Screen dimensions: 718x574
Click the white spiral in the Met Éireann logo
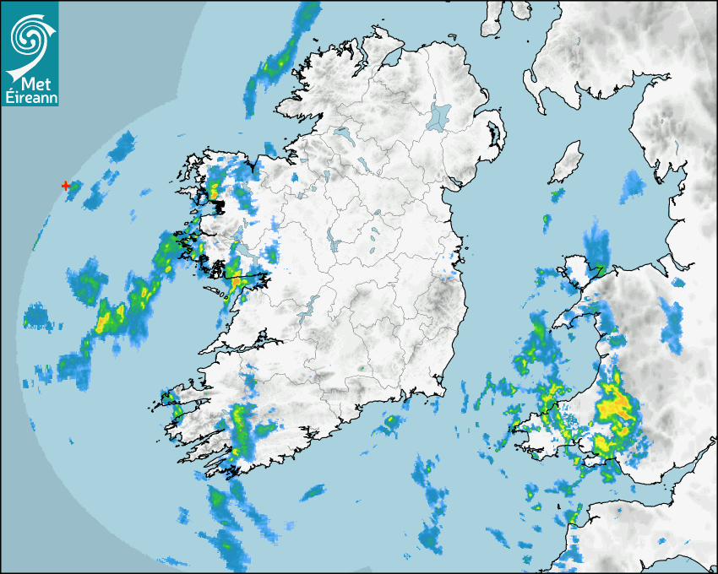click(29, 35)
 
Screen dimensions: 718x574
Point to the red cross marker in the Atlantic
click(66, 185)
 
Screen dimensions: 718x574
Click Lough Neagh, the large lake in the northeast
click(439, 115)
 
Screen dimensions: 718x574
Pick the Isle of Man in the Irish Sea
click(567, 161)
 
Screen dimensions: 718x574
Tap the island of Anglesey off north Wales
click(582, 272)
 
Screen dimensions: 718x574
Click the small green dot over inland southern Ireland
click(362, 368)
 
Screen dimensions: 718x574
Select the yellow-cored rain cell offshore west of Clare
click(110, 318)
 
